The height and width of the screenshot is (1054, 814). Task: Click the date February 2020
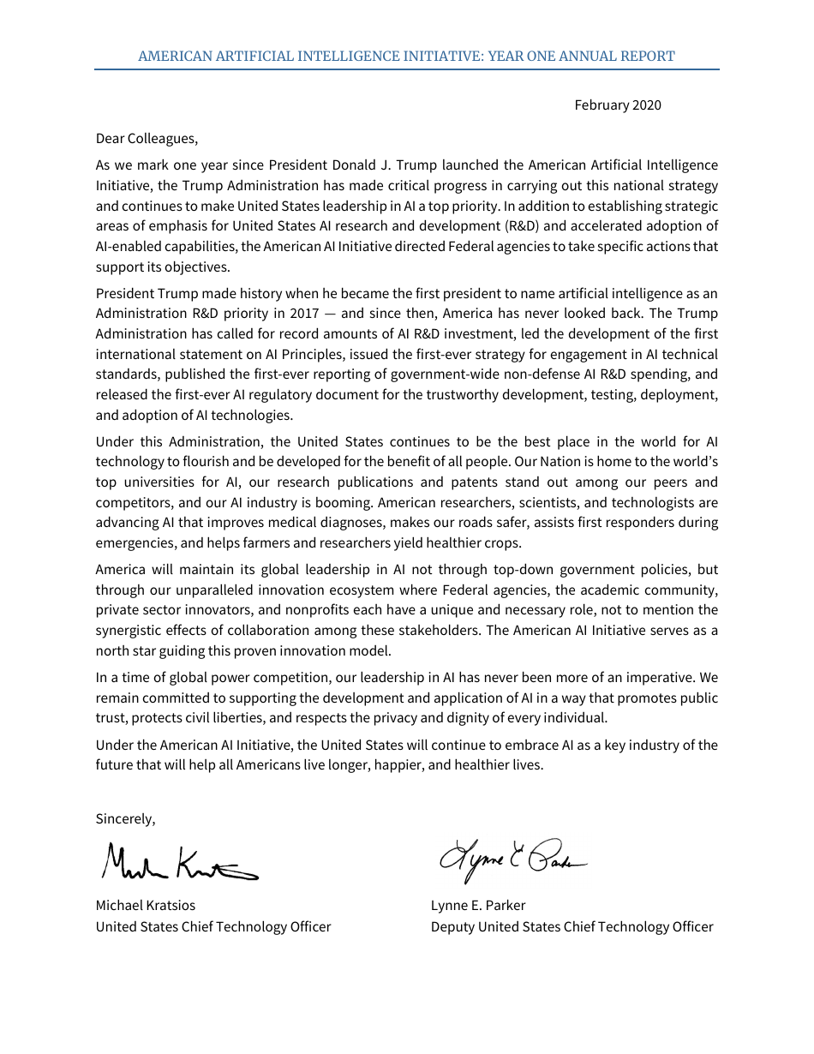pyautogui.click(x=617, y=105)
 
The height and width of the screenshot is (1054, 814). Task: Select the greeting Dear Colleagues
pyautogui.click(x=147, y=138)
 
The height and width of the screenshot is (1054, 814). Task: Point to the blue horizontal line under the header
pyautogui.click(x=406, y=69)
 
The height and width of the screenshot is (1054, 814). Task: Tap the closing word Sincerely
pyautogui.click(x=125, y=818)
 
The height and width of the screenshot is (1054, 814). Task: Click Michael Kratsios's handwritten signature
pyautogui.click(x=178, y=863)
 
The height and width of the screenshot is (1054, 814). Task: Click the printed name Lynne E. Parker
pyautogui.click(x=478, y=906)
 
